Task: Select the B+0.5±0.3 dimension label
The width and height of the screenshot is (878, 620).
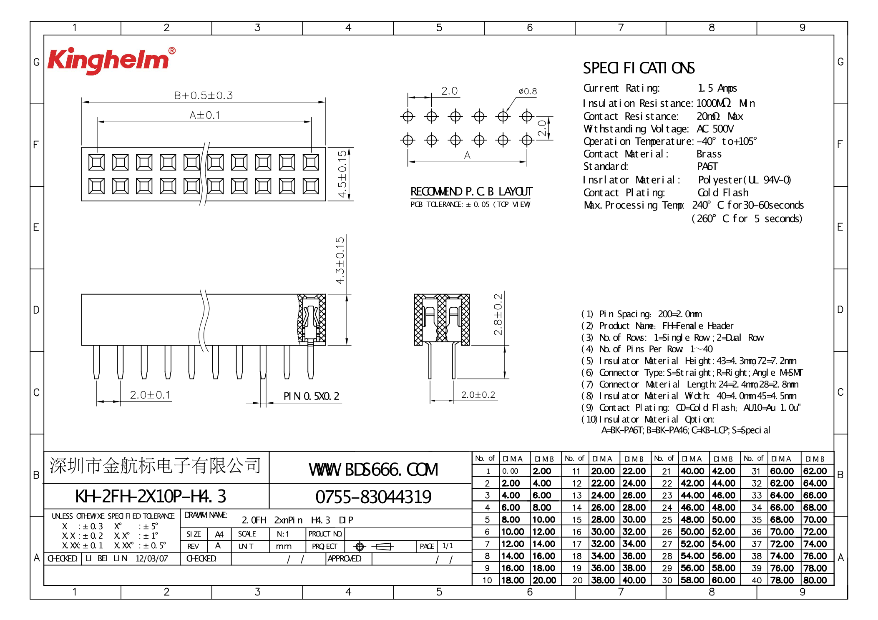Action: pos(203,95)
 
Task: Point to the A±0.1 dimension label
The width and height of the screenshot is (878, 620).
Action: pos(204,115)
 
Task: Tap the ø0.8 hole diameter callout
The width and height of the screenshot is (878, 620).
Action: pos(527,91)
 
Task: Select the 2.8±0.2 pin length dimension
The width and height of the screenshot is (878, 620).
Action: pos(498,314)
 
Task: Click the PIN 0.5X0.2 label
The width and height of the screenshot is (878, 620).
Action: pos(311,396)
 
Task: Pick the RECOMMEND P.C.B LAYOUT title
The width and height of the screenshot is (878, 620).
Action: pos(471,192)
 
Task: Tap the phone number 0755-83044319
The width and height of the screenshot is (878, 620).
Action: pos(373,497)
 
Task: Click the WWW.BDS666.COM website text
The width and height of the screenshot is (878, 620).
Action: pos(373,470)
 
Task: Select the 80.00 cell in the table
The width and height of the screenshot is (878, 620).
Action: pos(815,580)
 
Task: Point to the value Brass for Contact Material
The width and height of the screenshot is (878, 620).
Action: pos(709,154)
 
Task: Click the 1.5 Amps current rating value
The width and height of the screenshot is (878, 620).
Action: pos(717,88)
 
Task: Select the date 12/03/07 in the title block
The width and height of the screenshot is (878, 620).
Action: pos(151,559)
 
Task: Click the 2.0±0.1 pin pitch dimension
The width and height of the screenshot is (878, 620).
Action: pos(150,395)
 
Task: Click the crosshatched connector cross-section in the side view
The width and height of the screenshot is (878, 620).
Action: pos(441,320)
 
